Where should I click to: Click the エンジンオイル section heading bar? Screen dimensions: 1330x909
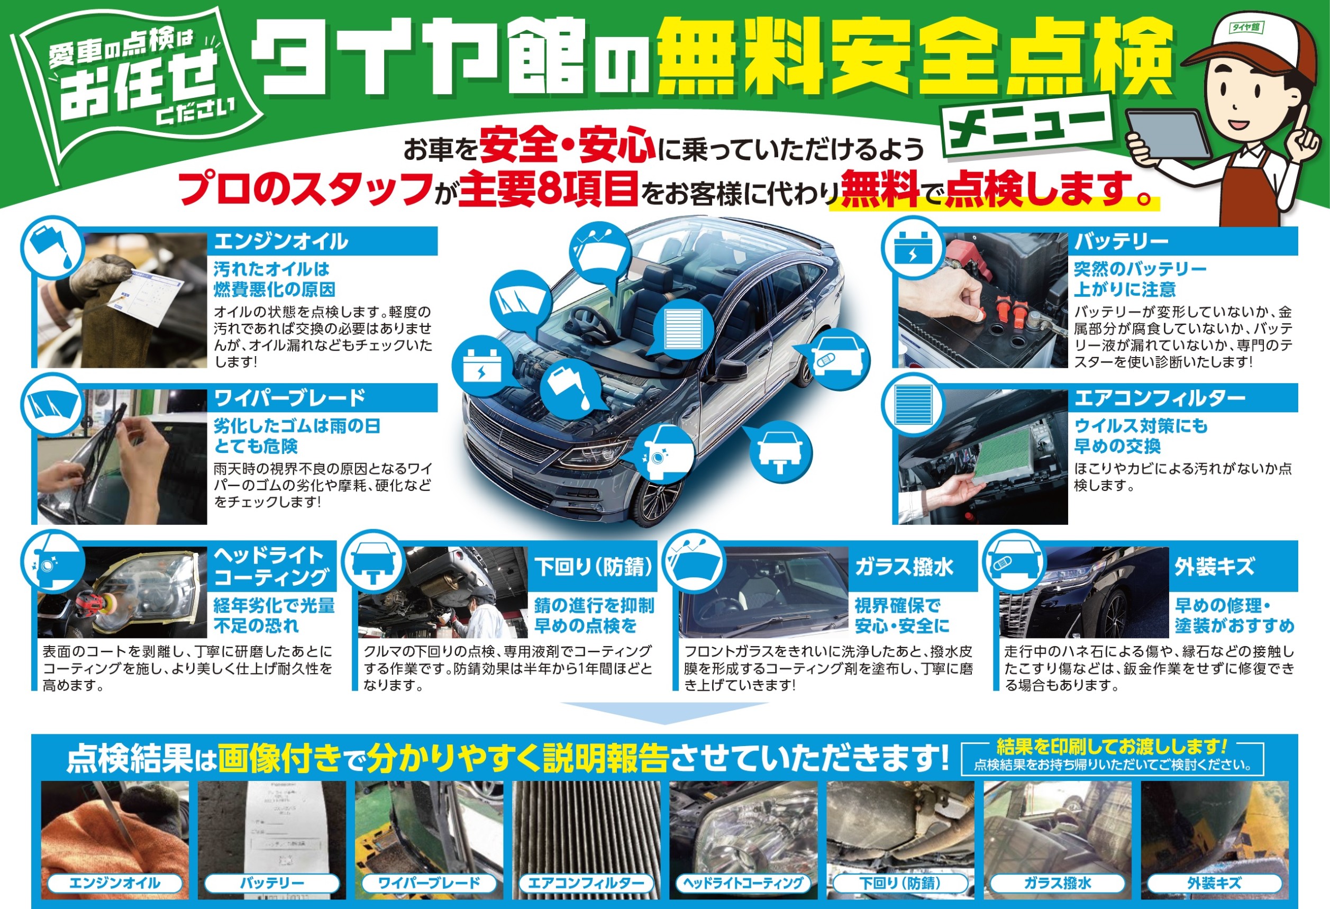[322, 241]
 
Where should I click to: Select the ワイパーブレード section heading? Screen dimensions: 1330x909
[322, 398]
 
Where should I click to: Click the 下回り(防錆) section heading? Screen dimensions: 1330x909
[593, 567]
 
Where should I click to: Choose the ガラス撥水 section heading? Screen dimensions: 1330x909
[913, 567]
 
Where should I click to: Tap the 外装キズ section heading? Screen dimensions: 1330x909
[1233, 567]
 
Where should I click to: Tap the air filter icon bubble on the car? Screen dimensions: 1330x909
[681, 328]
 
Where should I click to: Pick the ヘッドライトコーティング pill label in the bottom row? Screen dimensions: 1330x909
[743, 883]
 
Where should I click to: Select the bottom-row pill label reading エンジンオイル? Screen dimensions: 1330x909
[114, 883]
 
